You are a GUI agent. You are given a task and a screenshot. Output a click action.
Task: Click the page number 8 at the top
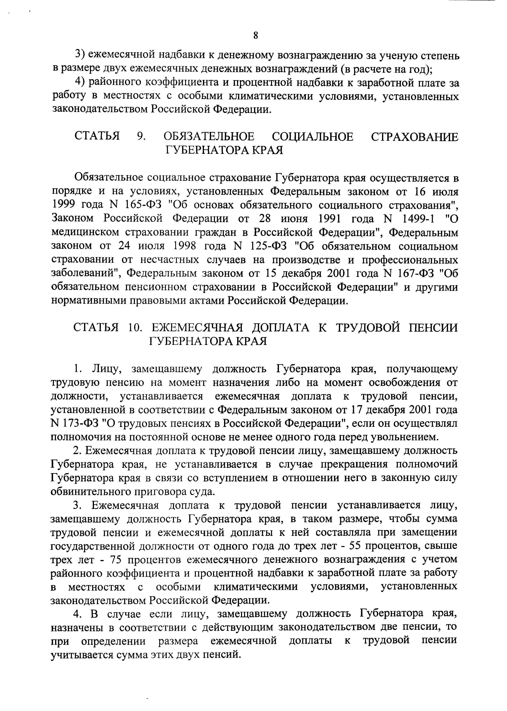256,36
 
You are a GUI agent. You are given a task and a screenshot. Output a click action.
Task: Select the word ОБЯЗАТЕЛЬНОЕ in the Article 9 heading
209,137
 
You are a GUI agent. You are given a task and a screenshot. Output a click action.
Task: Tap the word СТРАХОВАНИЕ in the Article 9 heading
415,137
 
